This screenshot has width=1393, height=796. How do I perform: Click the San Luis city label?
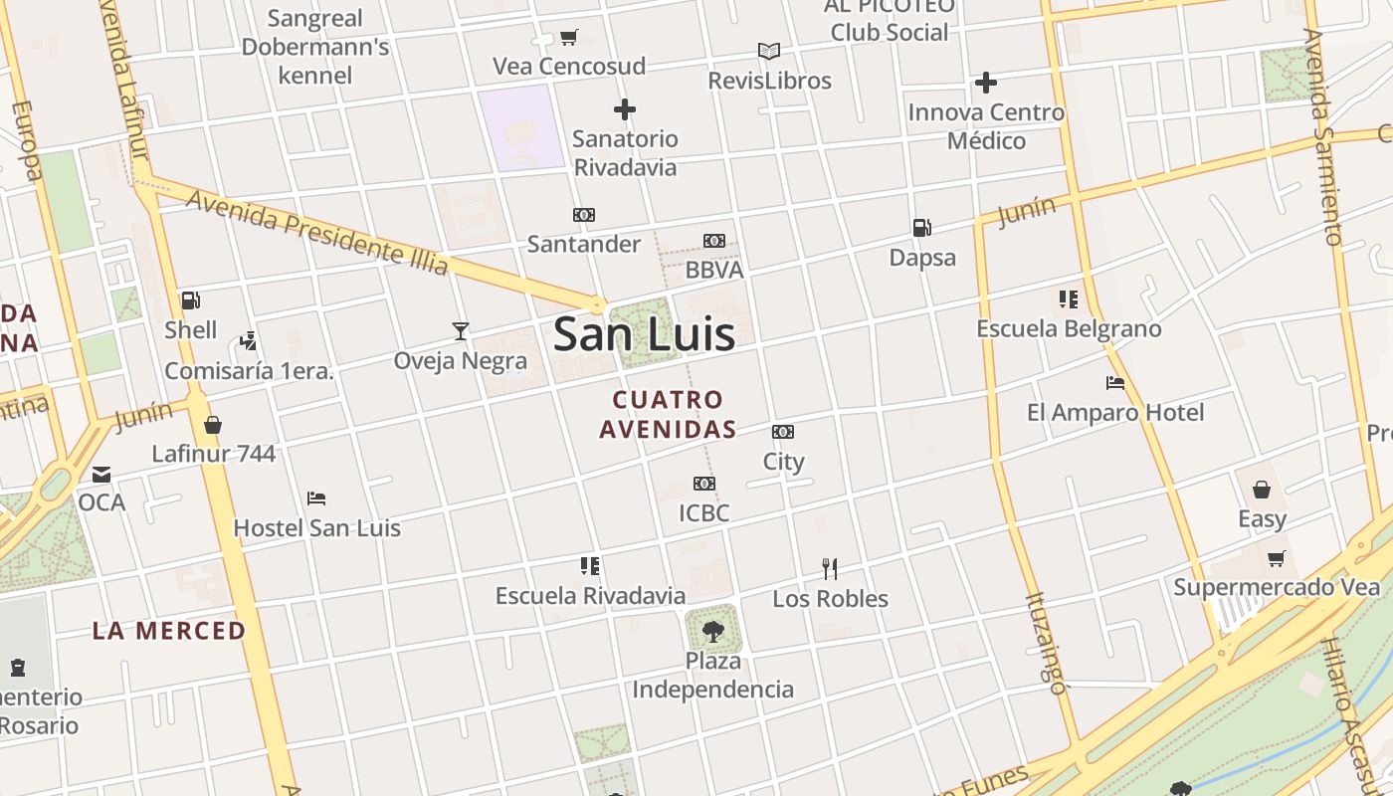pyautogui.click(x=644, y=333)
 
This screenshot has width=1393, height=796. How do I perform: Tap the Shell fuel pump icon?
pyautogui.click(x=190, y=300)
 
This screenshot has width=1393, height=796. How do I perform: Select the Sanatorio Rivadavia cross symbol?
pyautogui.click(x=625, y=109)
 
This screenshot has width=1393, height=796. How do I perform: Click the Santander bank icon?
pyautogui.click(x=584, y=215)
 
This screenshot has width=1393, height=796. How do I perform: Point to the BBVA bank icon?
pyautogui.click(x=714, y=241)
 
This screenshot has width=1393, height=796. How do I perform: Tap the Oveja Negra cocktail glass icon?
pyautogui.click(x=460, y=331)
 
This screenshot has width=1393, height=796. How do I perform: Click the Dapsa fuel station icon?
pyautogui.click(x=922, y=228)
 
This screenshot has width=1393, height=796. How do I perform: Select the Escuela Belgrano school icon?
pyautogui.click(x=1069, y=299)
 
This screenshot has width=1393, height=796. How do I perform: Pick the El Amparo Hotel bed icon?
pyautogui.click(x=1115, y=383)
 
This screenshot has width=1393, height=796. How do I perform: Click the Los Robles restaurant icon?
pyautogui.click(x=830, y=568)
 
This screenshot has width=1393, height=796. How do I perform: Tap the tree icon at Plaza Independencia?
pyautogui.click(x=712, y=630)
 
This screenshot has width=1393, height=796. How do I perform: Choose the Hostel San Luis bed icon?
pyautogui.click(x=316, y=498)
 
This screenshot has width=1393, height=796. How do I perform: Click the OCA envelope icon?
pyautogui.click(x=101, y=474)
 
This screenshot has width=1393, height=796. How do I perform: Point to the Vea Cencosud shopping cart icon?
pyautogui.click(x=569, y=38)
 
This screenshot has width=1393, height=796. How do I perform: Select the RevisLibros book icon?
pyautogui.click(x=769, y=51)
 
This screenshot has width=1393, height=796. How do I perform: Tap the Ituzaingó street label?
pyautogui.click(x=1045, y=643)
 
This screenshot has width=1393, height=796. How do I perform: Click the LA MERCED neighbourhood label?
pyautogui.click(x=169, y=631)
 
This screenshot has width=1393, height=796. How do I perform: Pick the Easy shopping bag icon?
pyautogui.click(x=1262, y=490)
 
